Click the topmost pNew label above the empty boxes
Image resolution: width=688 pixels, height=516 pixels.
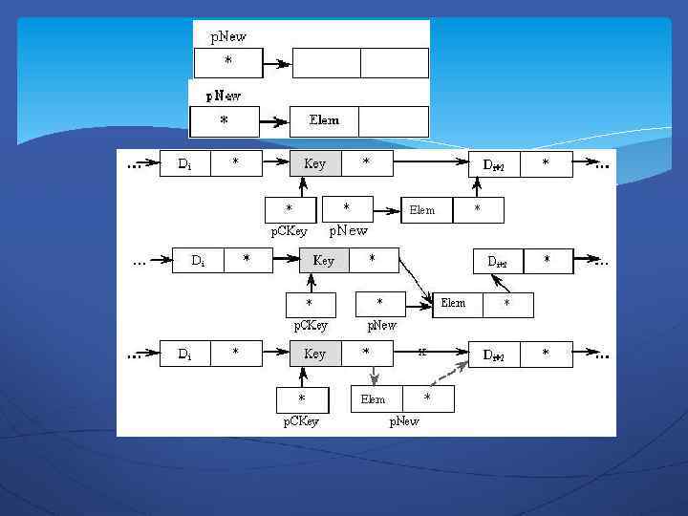[x=227, y=36]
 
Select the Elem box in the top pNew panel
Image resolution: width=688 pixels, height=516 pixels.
[x=324, y=121]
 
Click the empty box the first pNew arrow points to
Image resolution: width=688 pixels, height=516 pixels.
[x=326, y=63]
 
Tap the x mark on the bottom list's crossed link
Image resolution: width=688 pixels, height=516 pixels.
[x=421, y=353]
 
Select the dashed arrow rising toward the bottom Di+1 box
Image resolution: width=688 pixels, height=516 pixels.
[x=446, y=374]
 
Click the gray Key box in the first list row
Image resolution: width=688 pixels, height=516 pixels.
[x=315, y=164]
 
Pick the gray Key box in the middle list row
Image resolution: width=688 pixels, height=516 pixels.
[x=324, y=260]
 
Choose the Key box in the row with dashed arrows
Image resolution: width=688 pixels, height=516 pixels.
[x=315, y=354]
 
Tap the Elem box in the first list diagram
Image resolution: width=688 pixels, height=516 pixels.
[x=422, y=210]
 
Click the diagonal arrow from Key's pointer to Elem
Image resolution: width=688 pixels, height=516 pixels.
[x=414, y=283]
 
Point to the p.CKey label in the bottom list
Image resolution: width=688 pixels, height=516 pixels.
[x=301, y=421]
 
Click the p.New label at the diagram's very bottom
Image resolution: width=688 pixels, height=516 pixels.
[x=403, y=421]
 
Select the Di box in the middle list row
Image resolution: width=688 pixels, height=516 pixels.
[x=198, y=260]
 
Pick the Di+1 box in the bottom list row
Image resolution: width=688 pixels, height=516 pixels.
[x=495, y=354]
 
